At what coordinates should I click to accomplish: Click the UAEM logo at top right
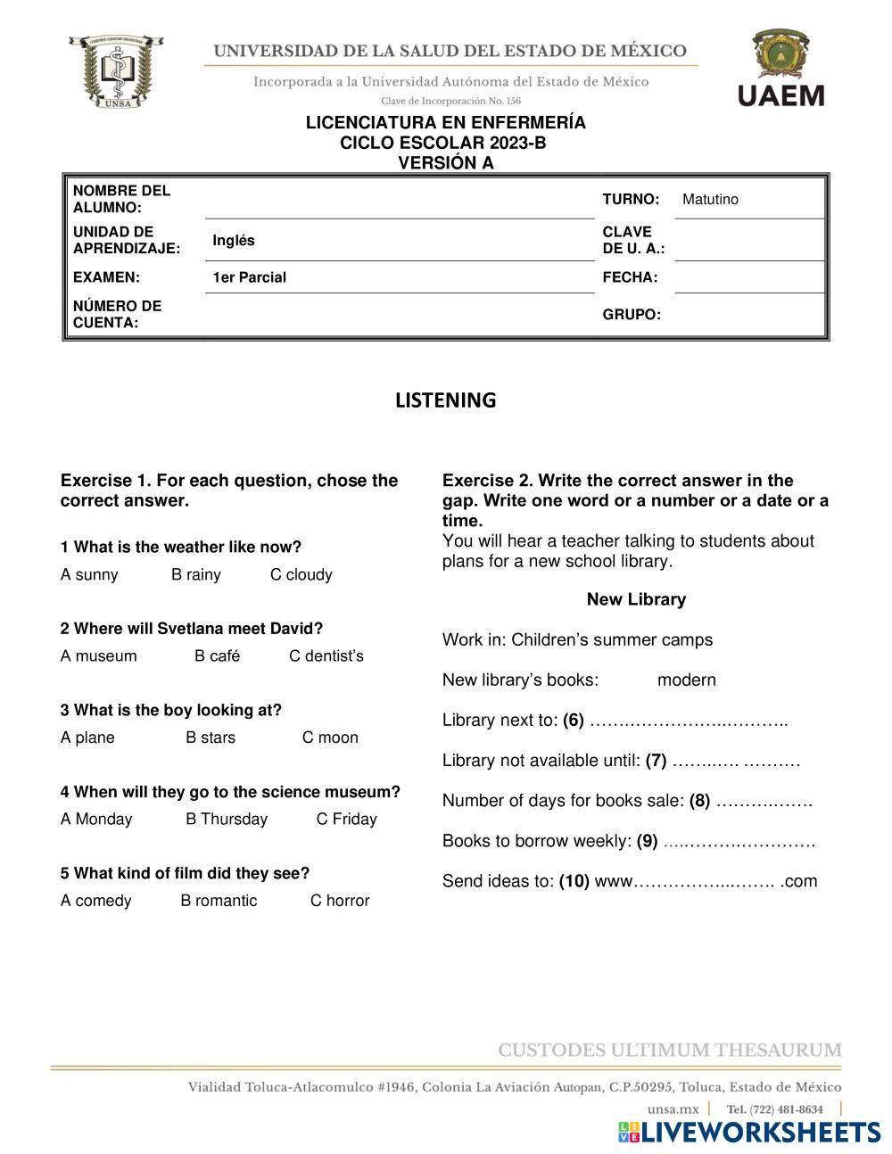780,68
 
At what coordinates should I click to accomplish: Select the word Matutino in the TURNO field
710,200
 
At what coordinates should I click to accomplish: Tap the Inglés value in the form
234,241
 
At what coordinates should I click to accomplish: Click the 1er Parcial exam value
249,277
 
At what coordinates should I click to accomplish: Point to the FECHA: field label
630,277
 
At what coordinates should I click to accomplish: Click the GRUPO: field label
632,315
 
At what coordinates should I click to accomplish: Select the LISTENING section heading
445,400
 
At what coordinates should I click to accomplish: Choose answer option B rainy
196,575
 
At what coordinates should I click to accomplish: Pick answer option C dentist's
326,656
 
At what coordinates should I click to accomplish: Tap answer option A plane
87,738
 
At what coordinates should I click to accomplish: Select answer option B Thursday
227,820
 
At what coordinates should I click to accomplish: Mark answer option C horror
340,901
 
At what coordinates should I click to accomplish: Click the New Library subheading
636,599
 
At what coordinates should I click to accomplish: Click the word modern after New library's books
687,680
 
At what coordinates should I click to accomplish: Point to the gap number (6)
574,721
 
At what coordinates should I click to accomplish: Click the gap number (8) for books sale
699,801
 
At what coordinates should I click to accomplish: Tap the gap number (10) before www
574,882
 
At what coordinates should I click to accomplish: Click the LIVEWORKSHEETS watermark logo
748,1132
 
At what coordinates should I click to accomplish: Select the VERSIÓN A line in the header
445,163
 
